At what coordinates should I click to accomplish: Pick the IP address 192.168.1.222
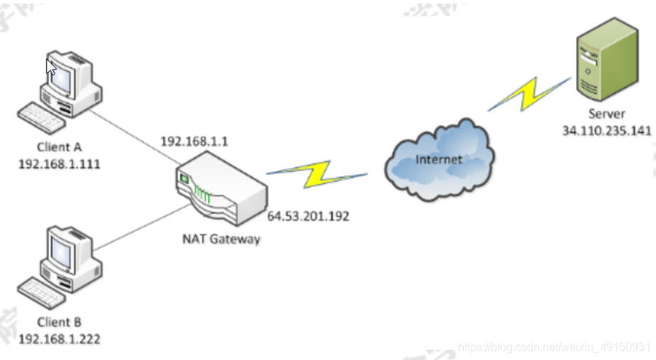coord(59,339)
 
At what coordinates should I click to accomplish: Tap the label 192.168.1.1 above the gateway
coord(194,141)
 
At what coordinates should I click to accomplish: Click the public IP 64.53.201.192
coord(308,216)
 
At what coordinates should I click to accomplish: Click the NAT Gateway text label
coord(221,239)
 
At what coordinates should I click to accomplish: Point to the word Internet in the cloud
coord(438,159)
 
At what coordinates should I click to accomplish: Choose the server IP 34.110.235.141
coord(606,131)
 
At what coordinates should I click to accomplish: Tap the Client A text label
coord(59,148)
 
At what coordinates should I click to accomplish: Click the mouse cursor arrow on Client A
coord(50,67)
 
